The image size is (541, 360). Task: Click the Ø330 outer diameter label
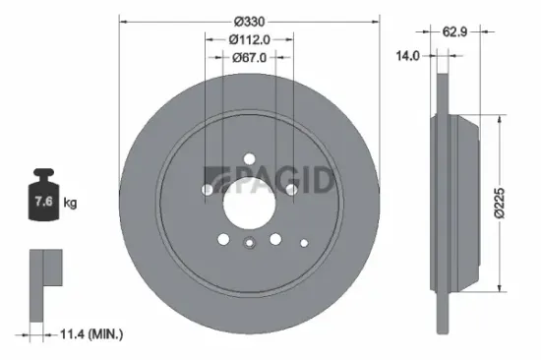[249, 19]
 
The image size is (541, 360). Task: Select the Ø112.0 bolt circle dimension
[249, 39]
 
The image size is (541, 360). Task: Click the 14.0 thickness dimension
[407, 56]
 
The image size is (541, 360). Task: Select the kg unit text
[70, 203]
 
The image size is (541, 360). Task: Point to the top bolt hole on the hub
[249, 158]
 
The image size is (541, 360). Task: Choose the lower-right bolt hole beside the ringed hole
[275, 238]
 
